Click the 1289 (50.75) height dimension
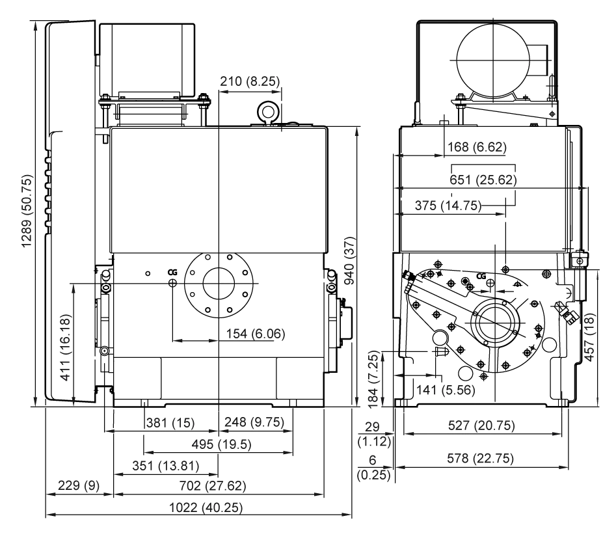pos(27,211)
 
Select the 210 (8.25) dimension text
pos(250,81)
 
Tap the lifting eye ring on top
pos(269,113)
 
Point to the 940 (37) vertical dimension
pos(349,260)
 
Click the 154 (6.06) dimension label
pos(256,334)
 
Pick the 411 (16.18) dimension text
pos(66,347)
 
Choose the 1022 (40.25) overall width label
pos(206,507)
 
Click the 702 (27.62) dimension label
pos(213,486)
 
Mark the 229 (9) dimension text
pos(79,485)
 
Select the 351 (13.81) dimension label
pos(165,466)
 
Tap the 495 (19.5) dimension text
pos(221,444)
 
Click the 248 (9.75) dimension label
pos(254,422)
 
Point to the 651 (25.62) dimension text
pos(483,180)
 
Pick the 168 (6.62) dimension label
pos(477,147)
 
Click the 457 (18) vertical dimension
pos(589,337)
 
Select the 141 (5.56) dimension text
pos(446,390)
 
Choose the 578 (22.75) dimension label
pos(480,458)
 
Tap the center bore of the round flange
pos(219,284)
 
